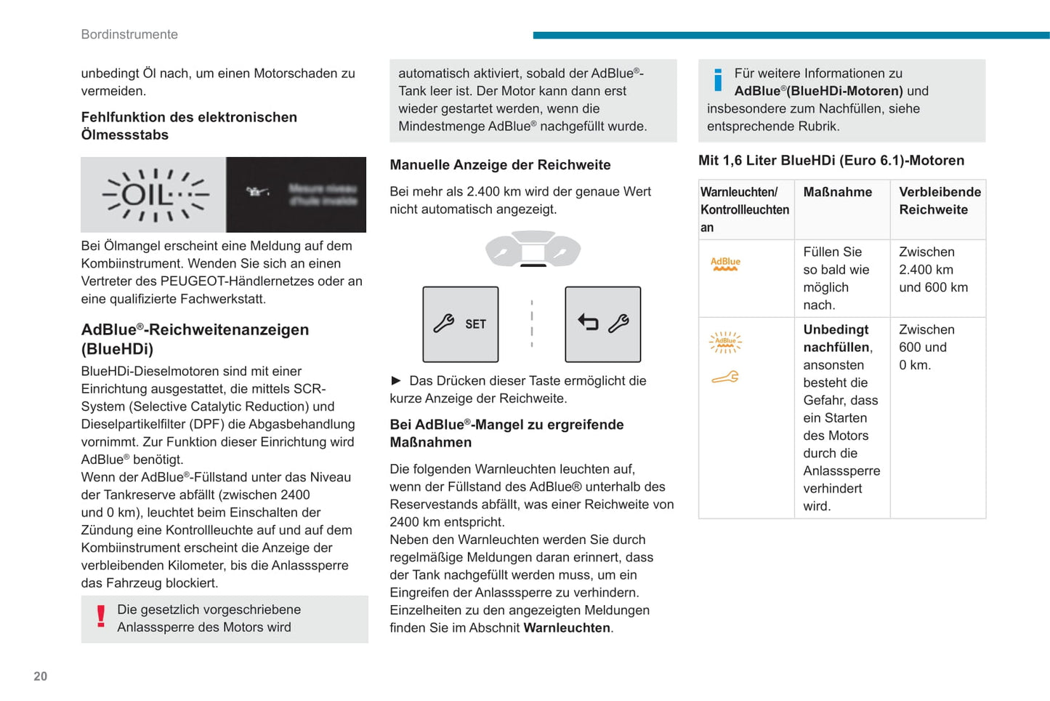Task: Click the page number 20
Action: point(41,676)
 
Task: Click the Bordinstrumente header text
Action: point(129,34)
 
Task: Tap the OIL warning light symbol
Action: point(155,195)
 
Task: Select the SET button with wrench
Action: point(461,324)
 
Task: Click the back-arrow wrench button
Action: point(603,324)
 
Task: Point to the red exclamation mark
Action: point(101,617)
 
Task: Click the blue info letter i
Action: point(718,80)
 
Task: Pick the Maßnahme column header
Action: point(838,192)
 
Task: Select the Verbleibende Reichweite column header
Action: point(940,201)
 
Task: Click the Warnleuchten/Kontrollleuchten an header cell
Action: point(745,209)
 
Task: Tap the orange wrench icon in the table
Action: point(725,377)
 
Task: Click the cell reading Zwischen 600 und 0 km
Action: point(926,347)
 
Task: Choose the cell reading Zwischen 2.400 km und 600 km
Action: point(933,270)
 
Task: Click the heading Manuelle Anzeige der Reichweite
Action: point(500,165)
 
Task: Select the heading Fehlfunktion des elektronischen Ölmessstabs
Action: point(189,126)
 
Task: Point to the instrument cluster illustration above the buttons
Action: point(533,249)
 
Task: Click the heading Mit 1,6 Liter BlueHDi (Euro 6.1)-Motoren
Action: point(831,161)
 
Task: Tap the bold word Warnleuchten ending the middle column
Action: point(567,628)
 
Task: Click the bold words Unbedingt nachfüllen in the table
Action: point(836,338)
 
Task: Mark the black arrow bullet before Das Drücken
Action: point(396,380)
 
